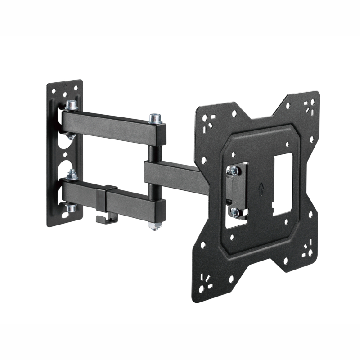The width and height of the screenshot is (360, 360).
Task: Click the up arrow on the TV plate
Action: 261,190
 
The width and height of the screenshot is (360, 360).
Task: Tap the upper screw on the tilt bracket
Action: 233,170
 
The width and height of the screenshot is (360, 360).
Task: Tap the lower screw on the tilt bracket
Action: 234,211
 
